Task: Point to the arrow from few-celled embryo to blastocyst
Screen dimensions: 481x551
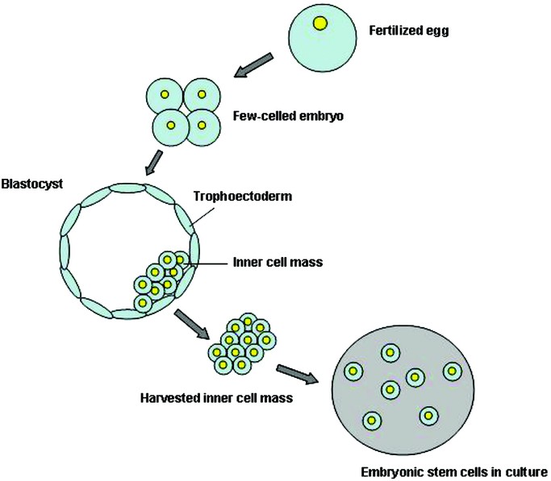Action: [155, 161]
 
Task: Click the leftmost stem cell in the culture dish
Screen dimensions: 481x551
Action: [353, 371]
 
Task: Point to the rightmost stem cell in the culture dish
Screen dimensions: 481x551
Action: [453, 371]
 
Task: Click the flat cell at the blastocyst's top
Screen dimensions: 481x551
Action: [126, 188]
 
